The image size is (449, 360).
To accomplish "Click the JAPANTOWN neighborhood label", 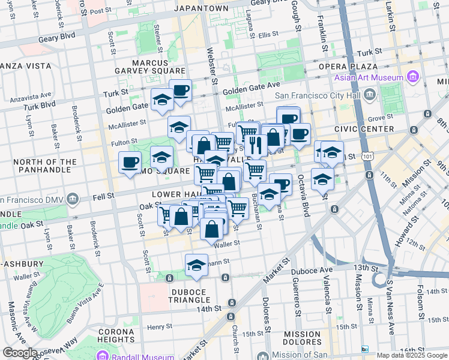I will point(201,8).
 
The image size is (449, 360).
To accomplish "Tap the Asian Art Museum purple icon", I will point(412,77).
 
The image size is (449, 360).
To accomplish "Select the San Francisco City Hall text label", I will point(318,95).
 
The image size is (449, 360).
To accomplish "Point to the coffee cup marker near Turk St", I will point(180,91).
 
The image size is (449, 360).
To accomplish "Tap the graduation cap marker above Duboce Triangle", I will point(196,265).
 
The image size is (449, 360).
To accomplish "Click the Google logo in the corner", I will point(19,353).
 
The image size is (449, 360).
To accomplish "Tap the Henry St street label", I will point(160,327).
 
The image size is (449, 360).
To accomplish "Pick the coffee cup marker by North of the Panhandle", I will point(130,162).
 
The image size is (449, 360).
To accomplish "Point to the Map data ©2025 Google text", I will point(412,355).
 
